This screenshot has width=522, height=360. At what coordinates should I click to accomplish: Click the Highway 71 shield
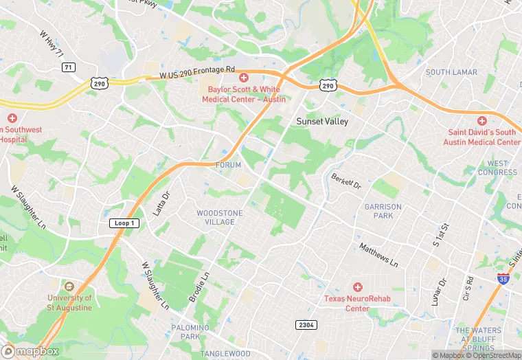67,67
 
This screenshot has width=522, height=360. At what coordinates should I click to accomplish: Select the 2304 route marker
306,324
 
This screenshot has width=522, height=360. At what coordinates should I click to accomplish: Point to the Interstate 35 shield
503,278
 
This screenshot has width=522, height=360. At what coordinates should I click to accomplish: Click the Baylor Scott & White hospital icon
243,78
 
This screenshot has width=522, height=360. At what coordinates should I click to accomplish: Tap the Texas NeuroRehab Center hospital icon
356,286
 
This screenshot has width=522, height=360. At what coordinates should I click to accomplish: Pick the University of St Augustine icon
68,286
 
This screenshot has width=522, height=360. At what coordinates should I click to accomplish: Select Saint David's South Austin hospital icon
481,120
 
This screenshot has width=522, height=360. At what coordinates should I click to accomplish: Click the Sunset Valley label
322,122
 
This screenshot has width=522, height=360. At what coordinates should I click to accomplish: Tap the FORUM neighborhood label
229,166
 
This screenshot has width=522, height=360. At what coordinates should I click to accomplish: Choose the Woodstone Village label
220,217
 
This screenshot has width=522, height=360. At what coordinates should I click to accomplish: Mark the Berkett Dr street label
346,181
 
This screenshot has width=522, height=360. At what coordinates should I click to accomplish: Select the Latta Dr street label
160,204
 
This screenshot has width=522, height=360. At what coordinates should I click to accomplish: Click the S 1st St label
440,235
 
